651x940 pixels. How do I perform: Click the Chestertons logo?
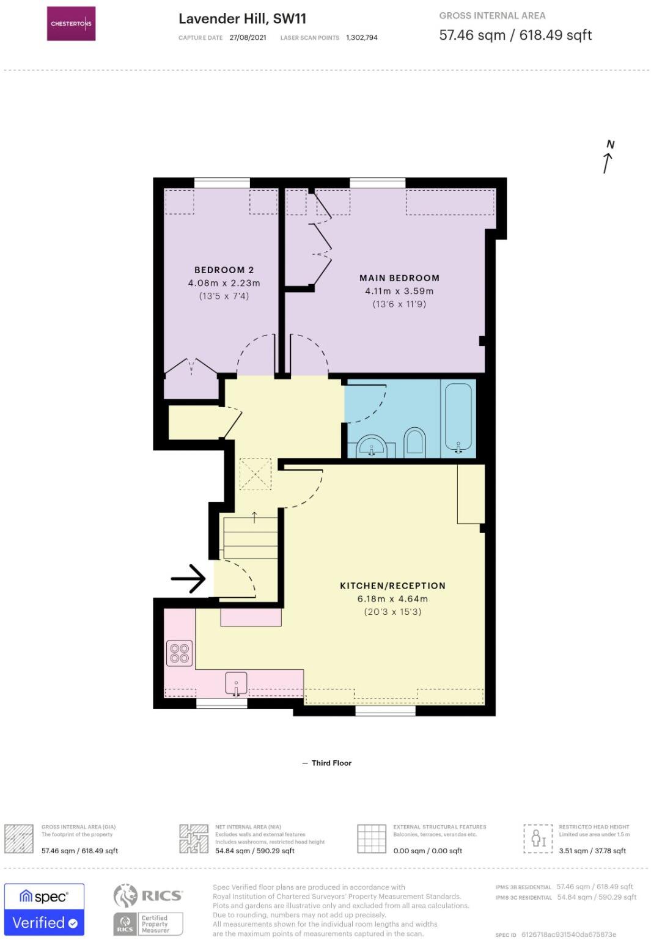tap(71, 24)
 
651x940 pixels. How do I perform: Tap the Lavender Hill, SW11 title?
tap(242, 19)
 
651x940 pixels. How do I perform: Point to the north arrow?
tap(608, 158)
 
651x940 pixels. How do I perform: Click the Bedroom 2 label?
tap(224, 270)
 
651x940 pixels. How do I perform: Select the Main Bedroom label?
tap(399, 278)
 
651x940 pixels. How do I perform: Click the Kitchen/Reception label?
tap(392, 586)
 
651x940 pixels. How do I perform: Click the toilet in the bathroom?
tap(414, 441)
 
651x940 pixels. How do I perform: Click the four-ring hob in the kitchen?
tap(180, 653)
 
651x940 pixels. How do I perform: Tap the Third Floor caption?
tap(331, 763)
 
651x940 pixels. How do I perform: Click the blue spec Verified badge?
tap(44, 909)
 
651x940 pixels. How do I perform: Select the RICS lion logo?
tap(125, 896)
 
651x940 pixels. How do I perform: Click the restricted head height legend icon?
tap(538, 838)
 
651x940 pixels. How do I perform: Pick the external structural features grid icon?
tap(372, 839)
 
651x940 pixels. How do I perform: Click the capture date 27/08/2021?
tap(248, 38)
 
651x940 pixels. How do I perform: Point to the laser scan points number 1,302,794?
tap(362, 38)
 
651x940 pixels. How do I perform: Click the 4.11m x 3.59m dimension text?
tap(399, 291)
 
